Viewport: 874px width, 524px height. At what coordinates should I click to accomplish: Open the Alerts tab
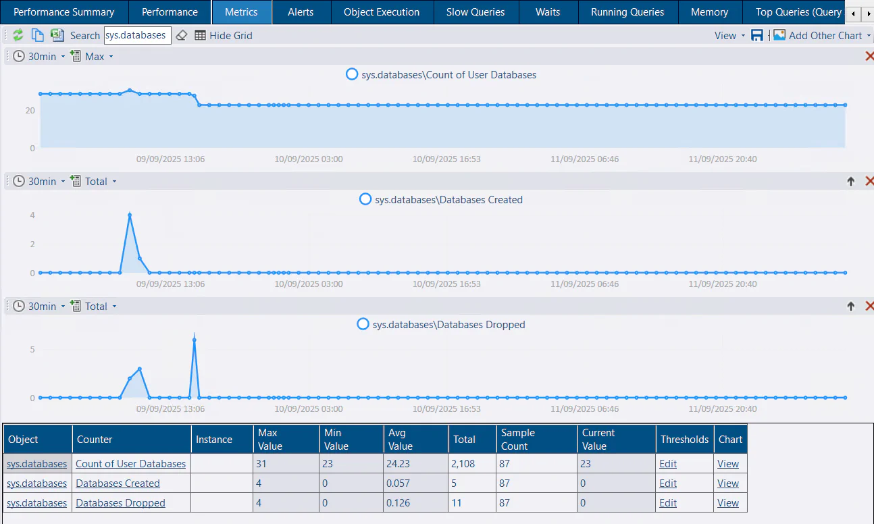point(301,12)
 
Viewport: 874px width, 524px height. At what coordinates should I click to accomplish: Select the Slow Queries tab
point(475,12)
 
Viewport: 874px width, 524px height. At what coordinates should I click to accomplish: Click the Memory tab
point(709,12)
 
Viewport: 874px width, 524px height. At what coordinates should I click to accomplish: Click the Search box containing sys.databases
point(137,35)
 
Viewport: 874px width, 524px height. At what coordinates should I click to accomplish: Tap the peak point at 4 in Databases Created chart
point(130,215)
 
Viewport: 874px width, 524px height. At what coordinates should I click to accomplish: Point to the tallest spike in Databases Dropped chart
point(195,339)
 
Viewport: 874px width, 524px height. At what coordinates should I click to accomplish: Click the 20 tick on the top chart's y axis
point(30,110)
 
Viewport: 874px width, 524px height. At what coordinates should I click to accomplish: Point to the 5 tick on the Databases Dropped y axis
point(32,349)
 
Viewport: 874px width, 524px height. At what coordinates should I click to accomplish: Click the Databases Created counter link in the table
point(118,483)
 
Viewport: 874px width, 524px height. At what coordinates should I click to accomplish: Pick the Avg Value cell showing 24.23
point(401,464)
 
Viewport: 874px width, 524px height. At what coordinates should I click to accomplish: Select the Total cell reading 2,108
point(465,464)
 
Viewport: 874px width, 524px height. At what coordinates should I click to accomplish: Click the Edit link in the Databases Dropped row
point(668,503)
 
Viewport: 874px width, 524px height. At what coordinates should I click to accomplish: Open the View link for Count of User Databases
point(728,464)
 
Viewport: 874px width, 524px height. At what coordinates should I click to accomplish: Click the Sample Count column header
point(518,439)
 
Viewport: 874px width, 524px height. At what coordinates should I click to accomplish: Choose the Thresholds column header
point(684,439)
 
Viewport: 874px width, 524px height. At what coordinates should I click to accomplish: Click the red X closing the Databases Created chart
point(869,181)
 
